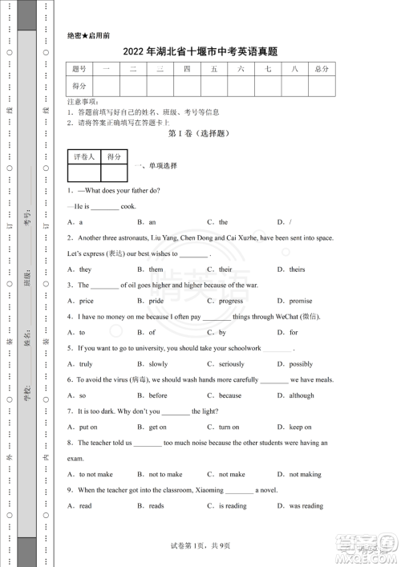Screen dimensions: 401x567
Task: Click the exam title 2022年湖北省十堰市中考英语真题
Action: click(200, 52)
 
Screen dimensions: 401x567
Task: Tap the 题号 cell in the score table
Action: click(79, 70)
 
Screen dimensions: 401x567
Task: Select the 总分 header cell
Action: click(322, 70)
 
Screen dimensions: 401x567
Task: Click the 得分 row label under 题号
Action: click(79, 86)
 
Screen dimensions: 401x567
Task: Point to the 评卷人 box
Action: click(83, 157)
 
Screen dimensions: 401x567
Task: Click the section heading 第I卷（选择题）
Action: click(200, 136)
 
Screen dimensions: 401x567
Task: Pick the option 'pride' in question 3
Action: click(156, 301)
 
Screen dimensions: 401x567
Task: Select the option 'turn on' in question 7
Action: click(229, 427)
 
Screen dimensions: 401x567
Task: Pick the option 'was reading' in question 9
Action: click(306, 506)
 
